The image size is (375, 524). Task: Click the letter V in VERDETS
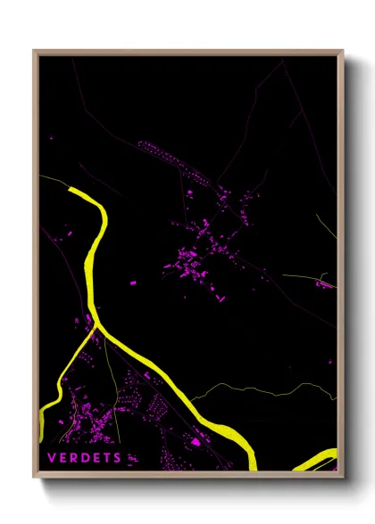52,457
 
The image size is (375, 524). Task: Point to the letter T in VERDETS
109,457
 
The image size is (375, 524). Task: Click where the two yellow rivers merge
96,328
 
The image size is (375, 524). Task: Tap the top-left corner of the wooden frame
35,52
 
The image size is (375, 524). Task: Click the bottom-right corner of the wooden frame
342,476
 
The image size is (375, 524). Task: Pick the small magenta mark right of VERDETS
132,458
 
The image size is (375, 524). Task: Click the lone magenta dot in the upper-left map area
52,138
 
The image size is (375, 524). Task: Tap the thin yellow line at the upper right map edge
327,227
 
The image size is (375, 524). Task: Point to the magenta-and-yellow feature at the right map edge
325,283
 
